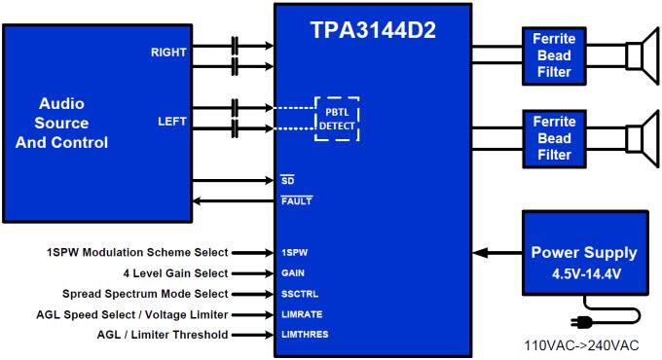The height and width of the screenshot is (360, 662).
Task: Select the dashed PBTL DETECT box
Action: coord(336,119)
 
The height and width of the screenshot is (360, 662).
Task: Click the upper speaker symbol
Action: coord(638,54)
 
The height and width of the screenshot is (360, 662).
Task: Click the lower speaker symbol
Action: coord(638,137)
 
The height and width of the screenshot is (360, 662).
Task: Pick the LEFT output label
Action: coord(173,122)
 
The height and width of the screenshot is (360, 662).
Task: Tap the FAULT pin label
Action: coord(296,200)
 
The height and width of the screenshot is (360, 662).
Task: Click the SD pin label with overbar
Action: coord(287,180)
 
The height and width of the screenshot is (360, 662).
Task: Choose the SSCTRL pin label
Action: coord(301,294)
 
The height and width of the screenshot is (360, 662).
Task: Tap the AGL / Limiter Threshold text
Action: coord(163,335)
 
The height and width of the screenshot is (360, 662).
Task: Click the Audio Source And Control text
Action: coord(61,123)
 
